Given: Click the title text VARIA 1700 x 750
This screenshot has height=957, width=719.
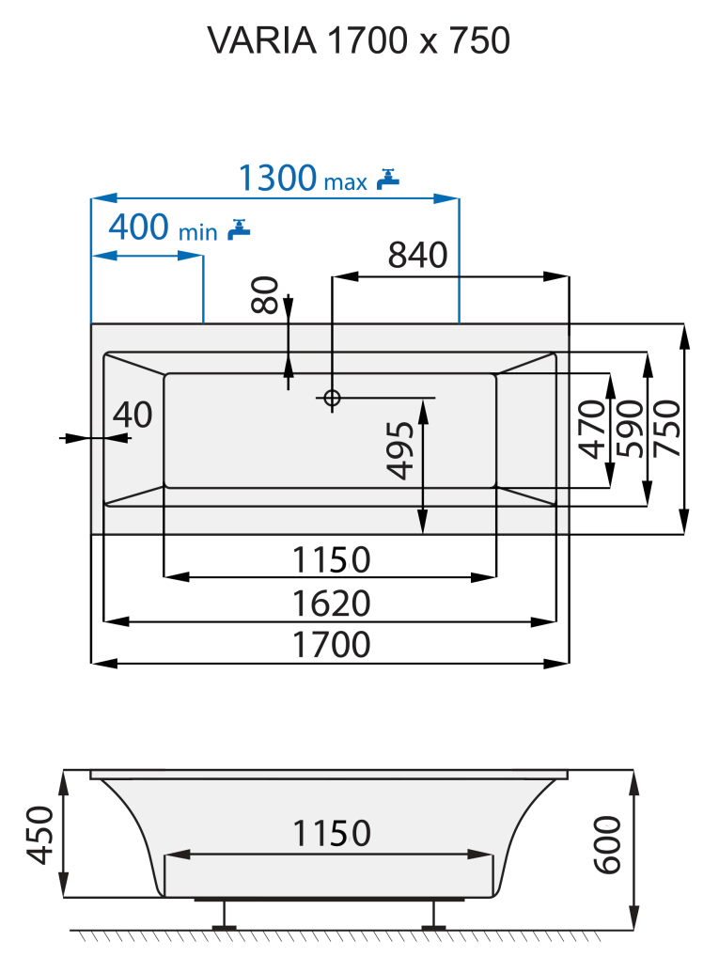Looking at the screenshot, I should click(x=358, y=39).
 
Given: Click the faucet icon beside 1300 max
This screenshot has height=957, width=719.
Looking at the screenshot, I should click(x=387, y=178).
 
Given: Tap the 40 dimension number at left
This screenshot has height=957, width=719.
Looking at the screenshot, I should click(x=133, y=414).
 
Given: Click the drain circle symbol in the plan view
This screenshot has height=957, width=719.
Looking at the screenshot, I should click(x=331, y=399).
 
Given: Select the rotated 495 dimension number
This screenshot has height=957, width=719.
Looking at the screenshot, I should click(x=401, y=451).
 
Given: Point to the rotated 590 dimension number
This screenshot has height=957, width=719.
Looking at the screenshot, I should click(x=629, y=429).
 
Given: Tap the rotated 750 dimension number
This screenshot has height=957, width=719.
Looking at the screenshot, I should click(x=665, y=429).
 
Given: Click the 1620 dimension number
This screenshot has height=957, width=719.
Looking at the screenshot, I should click(x=331, y=603).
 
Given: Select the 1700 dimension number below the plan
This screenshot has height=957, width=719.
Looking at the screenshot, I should click(x=331, y=645).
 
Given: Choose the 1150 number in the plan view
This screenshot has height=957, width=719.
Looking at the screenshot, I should click(x=331, y=560).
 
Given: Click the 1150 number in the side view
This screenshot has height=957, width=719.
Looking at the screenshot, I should click(x=331, y=833).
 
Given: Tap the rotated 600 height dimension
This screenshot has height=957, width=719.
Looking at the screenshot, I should click(x=609, y=845).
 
